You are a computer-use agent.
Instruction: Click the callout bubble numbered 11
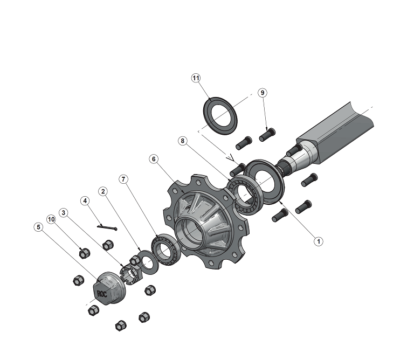point(196,78)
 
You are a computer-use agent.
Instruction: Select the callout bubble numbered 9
point(263,93)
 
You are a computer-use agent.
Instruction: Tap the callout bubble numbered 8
point(182,141)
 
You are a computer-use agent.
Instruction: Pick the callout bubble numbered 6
point(154,159)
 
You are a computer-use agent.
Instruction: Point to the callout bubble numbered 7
point(123,179)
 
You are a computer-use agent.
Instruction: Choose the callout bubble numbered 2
point(103,191)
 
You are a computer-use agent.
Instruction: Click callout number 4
point(85,200)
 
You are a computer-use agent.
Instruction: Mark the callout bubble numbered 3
point(63,213)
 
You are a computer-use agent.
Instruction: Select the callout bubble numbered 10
point(51,219)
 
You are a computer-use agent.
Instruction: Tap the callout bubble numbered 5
point(38,227)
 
